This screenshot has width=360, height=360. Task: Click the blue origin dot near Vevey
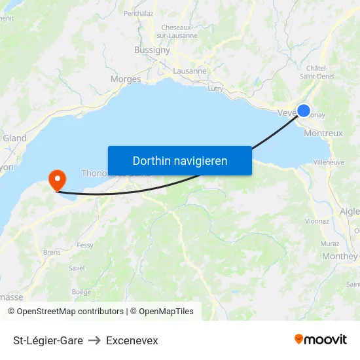click(x=304, y=111)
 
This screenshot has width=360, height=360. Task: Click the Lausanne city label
click(x=190, y=71)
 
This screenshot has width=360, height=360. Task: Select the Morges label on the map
click(x=126, y=79)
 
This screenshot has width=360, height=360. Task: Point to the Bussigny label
click(x=152, y=50)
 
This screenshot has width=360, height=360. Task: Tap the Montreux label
click(x=323, y=133)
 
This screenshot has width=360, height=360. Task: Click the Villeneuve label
click(x=329, y=162)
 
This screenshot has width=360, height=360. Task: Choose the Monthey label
click(x=340, y=256)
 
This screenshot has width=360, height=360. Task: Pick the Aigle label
click(x=350, y=211)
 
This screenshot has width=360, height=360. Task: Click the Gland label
click(x=14, y=138)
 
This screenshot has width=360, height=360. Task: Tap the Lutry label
click(x=215, y=88)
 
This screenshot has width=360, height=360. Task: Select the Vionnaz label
click(x=317, y=221)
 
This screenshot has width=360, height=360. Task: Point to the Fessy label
click(x=85, y=245)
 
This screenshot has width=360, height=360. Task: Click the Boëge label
click(x=81, y=292)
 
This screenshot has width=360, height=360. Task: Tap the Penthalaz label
click(x=138, y=12)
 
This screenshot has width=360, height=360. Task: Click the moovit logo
click(x=321, y=340)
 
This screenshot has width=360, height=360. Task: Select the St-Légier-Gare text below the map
click(x=48, y=340)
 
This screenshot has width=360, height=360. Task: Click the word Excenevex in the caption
click(x=132, y=340)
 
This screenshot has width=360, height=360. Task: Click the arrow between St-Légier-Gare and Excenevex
click(x=94, y=340)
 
